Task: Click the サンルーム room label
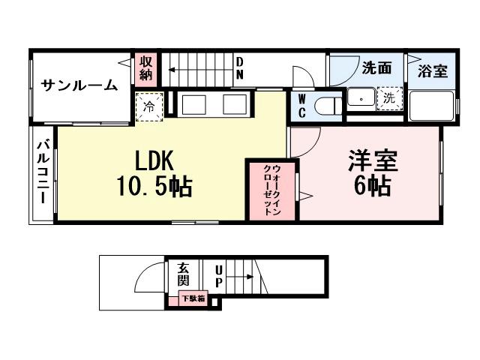pyautogui.click(x=79, y=85)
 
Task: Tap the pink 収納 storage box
pyautogui.click(x=145, y=67)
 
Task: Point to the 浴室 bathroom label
pyautogui.click(x=433, y=71)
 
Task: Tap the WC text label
pyautogui.click(x=301, y=105)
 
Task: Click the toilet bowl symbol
pyautogui.click(x=325, y=106)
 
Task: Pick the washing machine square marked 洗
pyautogui.click(x=388, y=97)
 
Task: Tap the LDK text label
pyautogui.click(x=154, y=160)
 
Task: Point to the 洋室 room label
pyautogui.click(x=372, y=160)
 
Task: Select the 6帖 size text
pyautogui.click(x=372, y=185)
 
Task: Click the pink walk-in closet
pyautogui.click(x=271, y=188)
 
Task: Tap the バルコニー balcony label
pyautogui.click(x=43, y=172)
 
